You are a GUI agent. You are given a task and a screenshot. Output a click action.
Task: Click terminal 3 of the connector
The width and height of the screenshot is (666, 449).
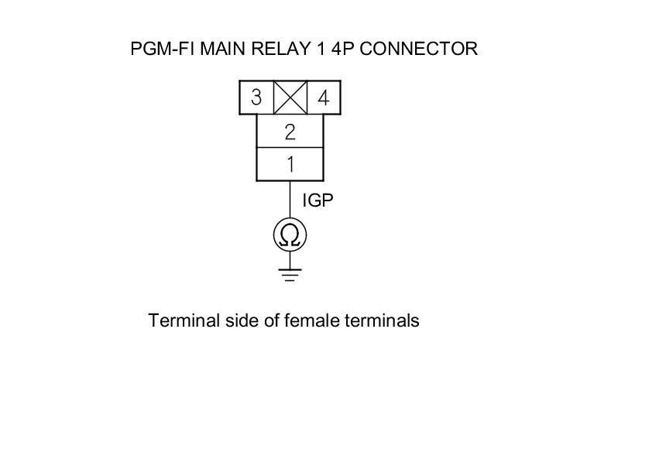click(x=256, y=98)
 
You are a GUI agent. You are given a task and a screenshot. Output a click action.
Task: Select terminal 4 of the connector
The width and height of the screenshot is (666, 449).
click(x=324, y=98)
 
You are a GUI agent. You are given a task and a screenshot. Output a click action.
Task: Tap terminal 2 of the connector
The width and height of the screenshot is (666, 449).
click(x=290, y=132)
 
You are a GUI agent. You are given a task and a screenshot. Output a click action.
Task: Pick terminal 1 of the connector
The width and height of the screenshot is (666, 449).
click(x=290, y=164)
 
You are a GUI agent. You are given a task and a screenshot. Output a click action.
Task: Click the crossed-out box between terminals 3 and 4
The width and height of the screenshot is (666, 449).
click(x=290, y=98)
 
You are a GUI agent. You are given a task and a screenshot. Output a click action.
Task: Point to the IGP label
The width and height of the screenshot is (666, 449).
click(x=318, y=201)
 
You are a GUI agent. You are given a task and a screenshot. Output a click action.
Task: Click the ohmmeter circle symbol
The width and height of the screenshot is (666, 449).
click(x=290, y=235)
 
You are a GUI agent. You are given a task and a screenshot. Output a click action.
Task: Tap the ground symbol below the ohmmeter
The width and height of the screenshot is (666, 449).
click(x=290, y=272)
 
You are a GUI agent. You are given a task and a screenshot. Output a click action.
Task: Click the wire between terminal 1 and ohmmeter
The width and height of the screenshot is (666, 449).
click(x=290, y=200)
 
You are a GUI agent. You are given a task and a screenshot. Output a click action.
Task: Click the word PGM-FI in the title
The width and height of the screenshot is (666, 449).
click(x=163, y=49)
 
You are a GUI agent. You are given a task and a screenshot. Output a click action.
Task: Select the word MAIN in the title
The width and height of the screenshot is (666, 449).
click(x=223, y=49)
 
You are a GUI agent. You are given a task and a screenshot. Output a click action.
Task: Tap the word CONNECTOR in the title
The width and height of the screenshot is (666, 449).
click(x=419, y=49)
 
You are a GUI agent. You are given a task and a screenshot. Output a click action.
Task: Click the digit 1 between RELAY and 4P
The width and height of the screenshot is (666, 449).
click(x=318, y=49)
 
